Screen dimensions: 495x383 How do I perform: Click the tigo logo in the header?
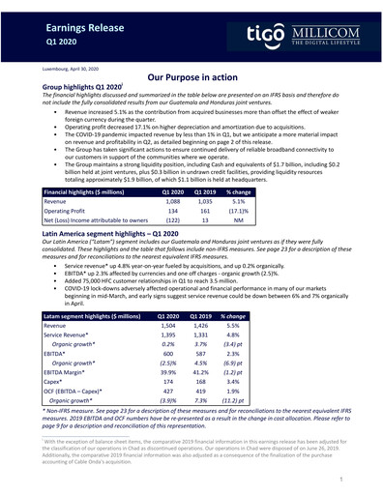(241, 36)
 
